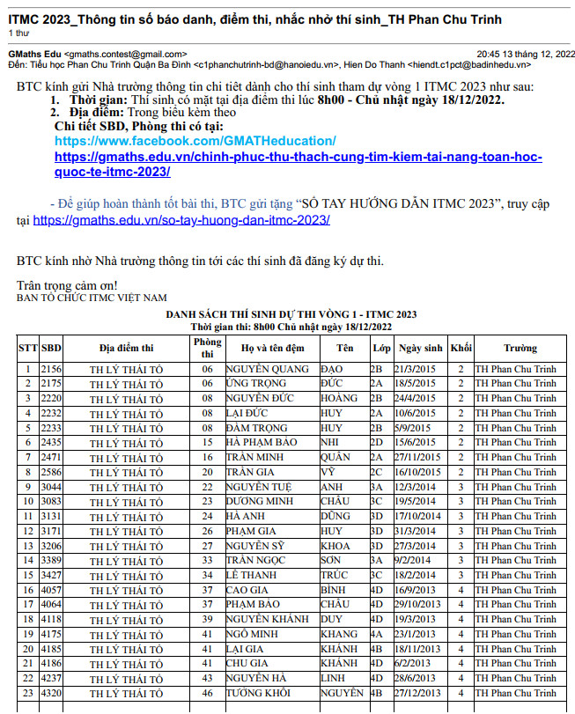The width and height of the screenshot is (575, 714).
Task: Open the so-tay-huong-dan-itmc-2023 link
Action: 181,219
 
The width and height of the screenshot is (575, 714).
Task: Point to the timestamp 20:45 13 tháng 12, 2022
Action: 516,54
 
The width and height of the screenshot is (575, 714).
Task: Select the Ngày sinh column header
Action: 420,348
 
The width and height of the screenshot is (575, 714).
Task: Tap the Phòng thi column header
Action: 207,348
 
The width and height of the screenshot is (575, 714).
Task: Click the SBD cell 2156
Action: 51,370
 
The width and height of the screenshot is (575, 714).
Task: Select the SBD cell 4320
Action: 51,693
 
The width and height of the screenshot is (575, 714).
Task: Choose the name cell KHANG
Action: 339,634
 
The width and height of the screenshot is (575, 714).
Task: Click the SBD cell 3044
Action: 51,487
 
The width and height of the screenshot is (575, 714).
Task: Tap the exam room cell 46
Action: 207,693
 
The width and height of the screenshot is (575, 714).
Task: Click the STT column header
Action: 28,348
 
